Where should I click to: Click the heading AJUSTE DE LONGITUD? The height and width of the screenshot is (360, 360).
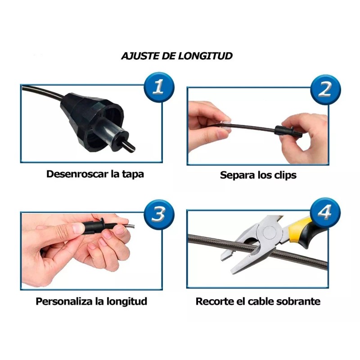point(177,56)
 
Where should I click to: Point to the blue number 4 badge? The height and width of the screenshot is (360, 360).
point(325,213)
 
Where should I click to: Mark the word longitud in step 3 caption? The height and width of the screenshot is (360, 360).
point(128,301)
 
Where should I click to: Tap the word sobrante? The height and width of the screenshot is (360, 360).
point(300,301)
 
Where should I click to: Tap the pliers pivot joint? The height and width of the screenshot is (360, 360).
point(270,233)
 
